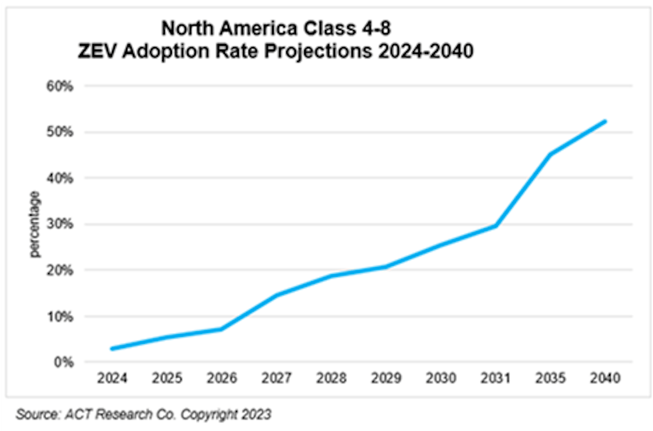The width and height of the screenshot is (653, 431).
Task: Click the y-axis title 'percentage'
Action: point(35,224)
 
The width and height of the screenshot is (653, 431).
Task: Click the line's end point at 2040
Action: point(605,122)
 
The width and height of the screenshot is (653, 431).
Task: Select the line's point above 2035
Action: point(551,154)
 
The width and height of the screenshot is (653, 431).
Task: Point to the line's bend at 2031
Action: point(496,226)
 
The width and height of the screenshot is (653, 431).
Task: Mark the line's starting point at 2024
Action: point(112,349)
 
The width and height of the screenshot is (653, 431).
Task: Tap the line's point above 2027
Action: point(276,295)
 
